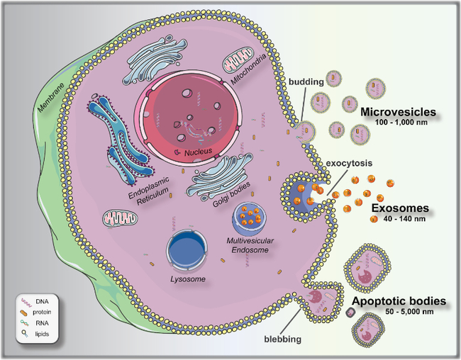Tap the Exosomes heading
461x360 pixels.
[x=401, y=209]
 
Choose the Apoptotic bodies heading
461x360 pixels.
[x=399, y=301]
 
